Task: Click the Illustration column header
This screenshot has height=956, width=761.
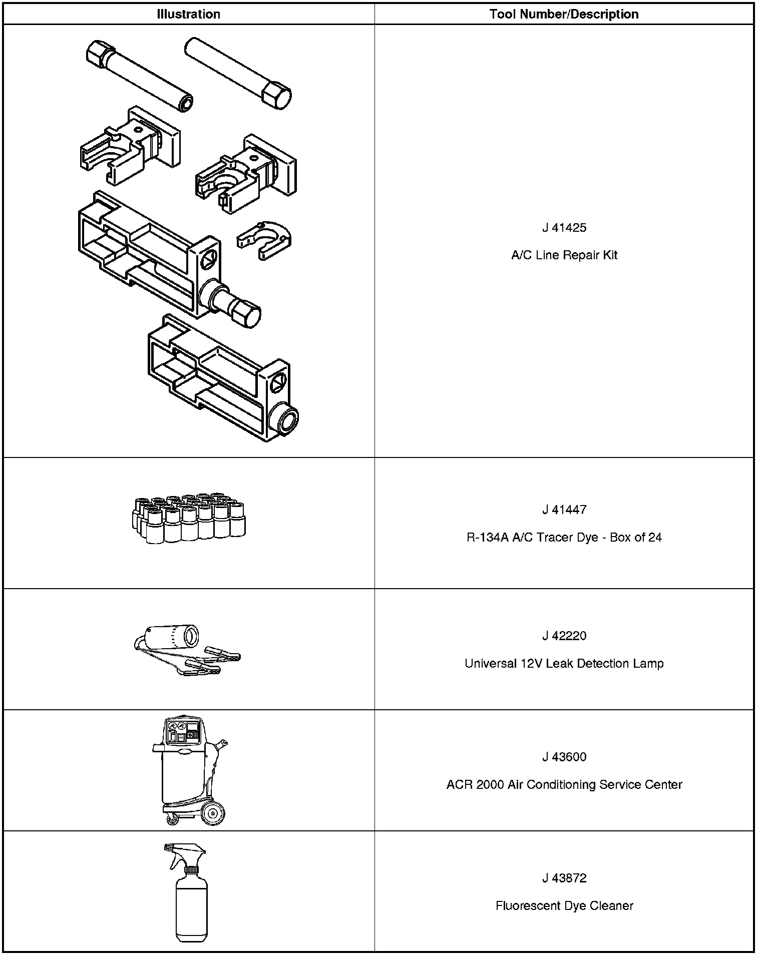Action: [188, 14]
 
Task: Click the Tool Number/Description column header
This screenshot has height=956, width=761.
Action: [564, 14]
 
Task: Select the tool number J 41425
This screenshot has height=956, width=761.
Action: [564, 228]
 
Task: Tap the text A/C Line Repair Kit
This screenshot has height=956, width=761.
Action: [564, 255]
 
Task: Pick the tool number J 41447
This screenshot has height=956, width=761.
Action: [564, 510]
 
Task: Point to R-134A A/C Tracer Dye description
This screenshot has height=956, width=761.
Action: [564, 538]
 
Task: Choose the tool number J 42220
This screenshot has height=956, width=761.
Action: [564, 636]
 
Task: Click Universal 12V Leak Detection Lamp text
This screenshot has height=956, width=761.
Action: [564, 664]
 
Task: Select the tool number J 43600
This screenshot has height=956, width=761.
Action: [564, 757]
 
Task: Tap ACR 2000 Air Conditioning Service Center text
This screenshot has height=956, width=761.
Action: [564, 784]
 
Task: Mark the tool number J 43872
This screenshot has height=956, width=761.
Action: [564, 878]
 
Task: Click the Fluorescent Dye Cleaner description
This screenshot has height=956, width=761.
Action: [564, 905]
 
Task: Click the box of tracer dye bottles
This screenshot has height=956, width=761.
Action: [188, 519]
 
